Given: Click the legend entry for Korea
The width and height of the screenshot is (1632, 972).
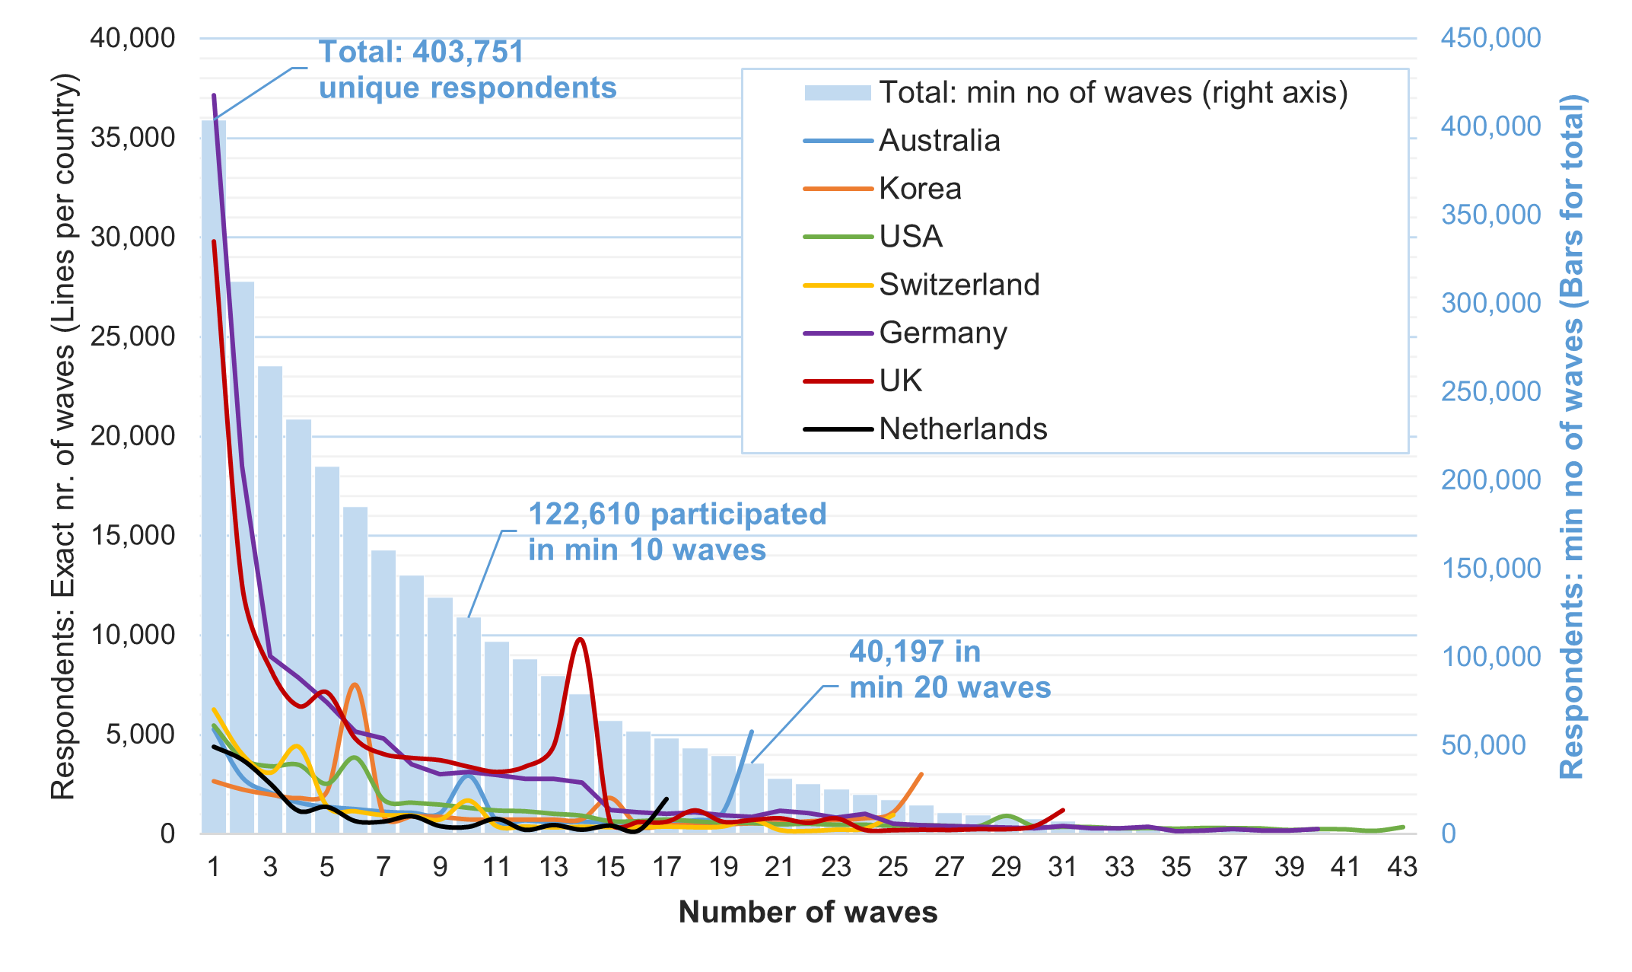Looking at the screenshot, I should point(919,189).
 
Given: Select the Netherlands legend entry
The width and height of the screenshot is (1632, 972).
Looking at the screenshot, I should point(962,429).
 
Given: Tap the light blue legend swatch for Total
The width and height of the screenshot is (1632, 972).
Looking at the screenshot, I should point(837,93).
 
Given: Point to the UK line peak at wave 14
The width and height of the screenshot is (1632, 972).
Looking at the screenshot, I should point(581,639).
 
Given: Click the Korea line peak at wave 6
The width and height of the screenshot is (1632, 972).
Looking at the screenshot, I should point(355,685).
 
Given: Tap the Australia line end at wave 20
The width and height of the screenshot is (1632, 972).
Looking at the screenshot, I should point(752,731).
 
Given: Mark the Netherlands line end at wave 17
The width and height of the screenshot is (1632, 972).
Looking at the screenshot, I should point(666,798).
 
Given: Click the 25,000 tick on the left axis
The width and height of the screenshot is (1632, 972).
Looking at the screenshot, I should point(132,336).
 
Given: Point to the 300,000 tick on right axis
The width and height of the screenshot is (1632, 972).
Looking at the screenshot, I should point(1490,303).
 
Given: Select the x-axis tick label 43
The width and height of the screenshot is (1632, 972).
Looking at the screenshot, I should point(1402,867).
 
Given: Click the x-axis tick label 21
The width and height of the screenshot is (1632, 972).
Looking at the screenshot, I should point(779,867).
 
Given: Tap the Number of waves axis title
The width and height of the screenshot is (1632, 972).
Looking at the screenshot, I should point(807,912).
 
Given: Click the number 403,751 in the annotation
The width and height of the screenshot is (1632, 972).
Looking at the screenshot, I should point(468,53).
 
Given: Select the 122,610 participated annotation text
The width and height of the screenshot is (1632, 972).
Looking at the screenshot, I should point(676,515).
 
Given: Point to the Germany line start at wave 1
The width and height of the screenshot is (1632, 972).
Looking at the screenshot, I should point(214,96).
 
